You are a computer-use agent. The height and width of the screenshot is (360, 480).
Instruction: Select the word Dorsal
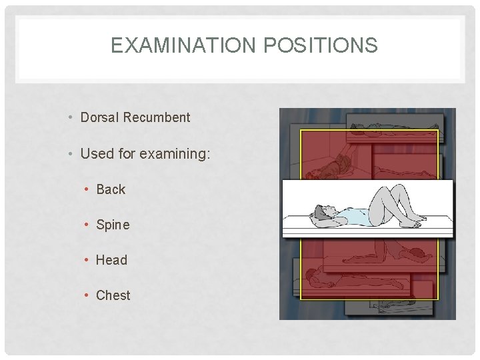tap(99, 117)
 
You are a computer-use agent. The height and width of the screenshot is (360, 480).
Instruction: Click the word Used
tap(95, 154)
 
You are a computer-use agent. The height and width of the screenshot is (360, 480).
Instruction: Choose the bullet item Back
tap(111, 189)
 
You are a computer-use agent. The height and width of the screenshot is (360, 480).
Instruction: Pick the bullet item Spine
tap(113, 225)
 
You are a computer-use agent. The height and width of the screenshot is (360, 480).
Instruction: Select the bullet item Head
tap(111, 260)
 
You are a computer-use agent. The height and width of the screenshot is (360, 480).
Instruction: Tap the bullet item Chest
tap(113, 295)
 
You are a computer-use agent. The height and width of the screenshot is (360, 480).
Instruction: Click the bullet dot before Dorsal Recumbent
tap(70, 118)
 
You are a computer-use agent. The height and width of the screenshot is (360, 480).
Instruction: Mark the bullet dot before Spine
tap(87, 225)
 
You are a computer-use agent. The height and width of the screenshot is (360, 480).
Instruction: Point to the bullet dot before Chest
tap(87, 295)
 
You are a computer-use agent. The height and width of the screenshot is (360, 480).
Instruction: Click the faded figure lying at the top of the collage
tap(373, 126)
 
